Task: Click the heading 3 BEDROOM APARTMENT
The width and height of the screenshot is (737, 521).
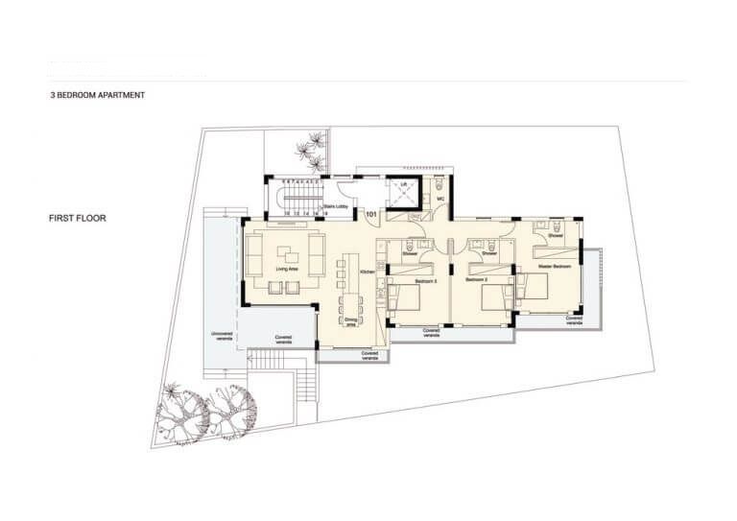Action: tap(98, 96)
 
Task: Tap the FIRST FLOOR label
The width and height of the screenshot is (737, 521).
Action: tap(78, 219)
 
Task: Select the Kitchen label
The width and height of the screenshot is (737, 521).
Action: tap(367, 273)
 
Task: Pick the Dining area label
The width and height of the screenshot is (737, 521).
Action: tap(350, 323)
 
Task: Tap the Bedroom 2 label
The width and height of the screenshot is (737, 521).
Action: tap(478, 280)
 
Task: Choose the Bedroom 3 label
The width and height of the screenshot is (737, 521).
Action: tap(399, 280)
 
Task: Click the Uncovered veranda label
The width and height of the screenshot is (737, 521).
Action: tap(222, 337)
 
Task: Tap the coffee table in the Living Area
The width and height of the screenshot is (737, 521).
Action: tap(287, 256)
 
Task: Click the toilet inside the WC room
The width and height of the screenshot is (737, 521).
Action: tap(438, 187)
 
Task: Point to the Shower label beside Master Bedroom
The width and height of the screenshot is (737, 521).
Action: tap(555, 235)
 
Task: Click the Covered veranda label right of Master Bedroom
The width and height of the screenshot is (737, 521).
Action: tap(575, 322)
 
